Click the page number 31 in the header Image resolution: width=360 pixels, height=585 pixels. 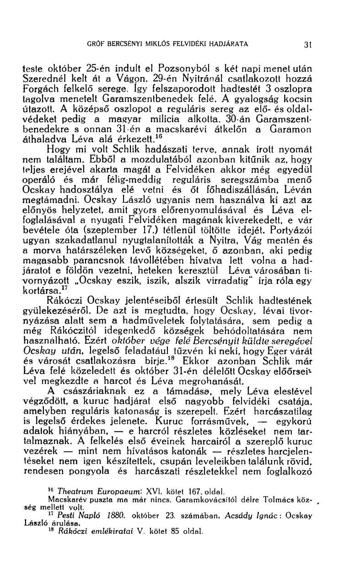[x=309, y=45]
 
